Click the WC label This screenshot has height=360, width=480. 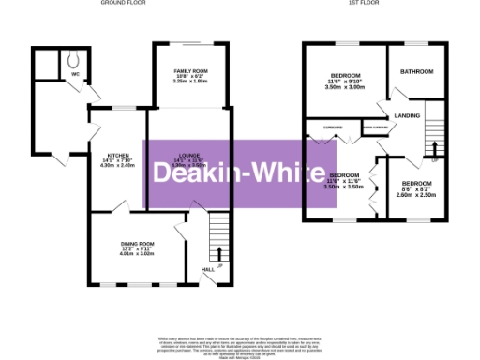point(76,72)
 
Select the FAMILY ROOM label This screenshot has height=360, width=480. point(189,71)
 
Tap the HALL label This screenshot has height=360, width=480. point(208,270)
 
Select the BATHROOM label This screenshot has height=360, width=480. point(417,72)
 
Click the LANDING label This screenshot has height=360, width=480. point(407,115)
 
